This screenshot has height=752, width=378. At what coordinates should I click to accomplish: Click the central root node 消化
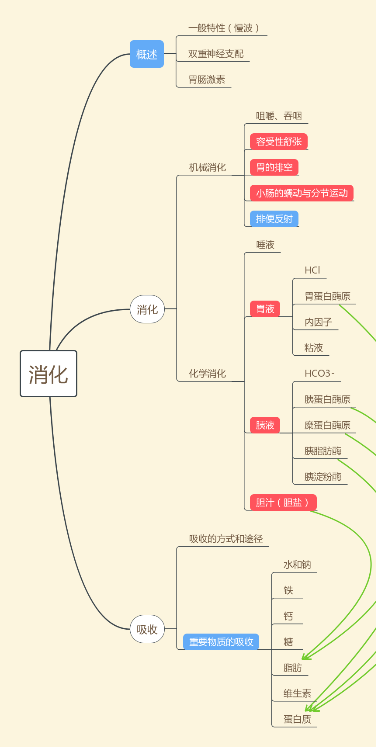(x=49, y=374)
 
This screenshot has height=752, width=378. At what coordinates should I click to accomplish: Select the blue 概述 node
(x=147, y=54)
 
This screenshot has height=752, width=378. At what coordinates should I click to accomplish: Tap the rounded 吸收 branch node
(x=147, y=629)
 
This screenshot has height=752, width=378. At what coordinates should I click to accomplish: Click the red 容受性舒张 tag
(x=279, y=142)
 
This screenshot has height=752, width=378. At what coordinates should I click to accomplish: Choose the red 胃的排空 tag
(x=274, y=167)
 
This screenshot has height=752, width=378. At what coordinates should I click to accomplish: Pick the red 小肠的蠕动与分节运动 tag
(x=302, y=193)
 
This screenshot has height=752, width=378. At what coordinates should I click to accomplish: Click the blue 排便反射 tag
(x=274, y=219)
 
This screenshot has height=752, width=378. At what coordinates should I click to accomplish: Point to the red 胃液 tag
(x=265, y=309)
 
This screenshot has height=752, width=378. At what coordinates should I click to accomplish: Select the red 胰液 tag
(x=265, y=425)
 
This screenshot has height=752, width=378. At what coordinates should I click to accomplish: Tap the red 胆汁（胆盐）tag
(x=283, y=502)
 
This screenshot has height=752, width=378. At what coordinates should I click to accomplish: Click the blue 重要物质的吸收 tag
(x=221, y=642)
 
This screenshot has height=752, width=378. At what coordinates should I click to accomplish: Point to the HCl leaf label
(x=312, y=270)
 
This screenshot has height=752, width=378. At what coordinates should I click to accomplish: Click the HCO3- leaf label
(x=319, y=373)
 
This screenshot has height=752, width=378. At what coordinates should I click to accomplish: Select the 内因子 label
(x=319, y=322)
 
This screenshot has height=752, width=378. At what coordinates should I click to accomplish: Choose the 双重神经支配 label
(x=216, y=54)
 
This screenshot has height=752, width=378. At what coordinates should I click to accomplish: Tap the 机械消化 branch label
(x=207, y=167)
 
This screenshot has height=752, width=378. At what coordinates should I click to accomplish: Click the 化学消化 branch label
(x=207, y=374)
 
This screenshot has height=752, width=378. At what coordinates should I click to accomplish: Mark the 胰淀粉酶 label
(x=323, y=477)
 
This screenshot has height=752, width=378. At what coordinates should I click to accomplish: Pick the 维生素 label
(x=297, y=693)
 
